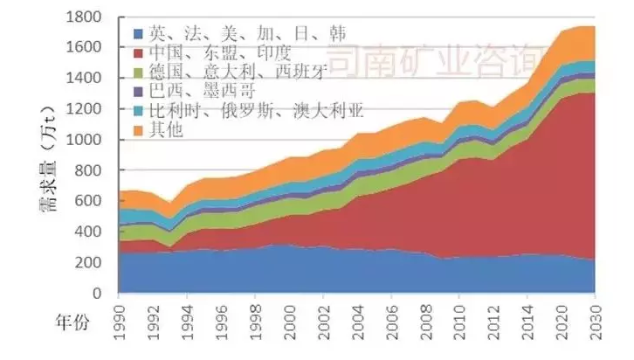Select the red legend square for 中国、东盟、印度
[138, 54]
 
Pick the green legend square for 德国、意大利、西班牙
[138, 73]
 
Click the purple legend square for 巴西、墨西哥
[138, 92]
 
